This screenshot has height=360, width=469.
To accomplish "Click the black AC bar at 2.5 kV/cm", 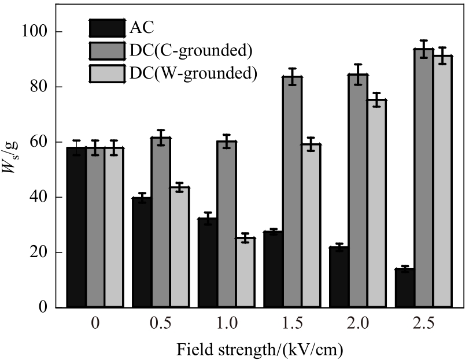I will point(405,288).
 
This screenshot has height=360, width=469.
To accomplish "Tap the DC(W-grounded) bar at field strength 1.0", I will point(245,273).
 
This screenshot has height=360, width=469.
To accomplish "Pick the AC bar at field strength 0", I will point(76,228).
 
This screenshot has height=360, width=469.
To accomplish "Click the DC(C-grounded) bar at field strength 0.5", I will point(161,222).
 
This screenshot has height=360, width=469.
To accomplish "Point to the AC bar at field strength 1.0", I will point(208,263).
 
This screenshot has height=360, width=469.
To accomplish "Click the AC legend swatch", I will point(107,28).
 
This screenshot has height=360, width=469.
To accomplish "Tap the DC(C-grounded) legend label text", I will point(191,50).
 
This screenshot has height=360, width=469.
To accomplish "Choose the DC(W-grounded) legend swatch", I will point(107,73).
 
